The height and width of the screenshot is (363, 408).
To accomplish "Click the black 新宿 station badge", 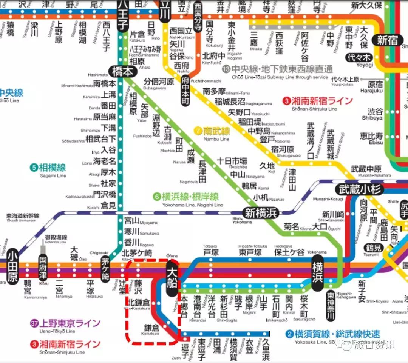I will pyautogui.click(x=387, y=40).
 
